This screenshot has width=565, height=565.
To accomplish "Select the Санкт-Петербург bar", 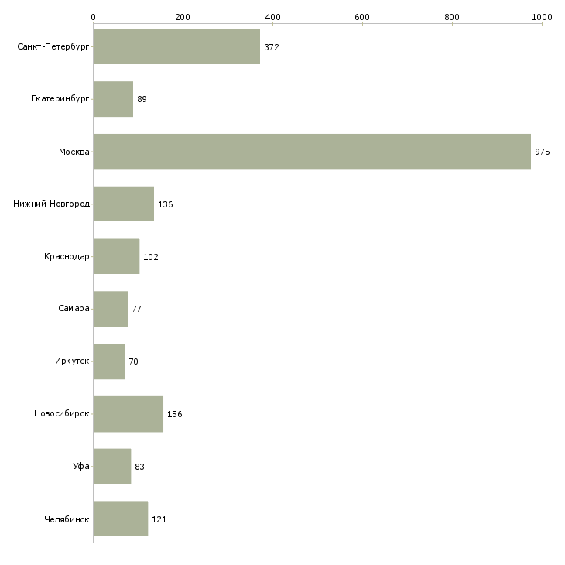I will (176, 47).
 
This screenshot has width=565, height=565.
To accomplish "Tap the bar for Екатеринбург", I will (113, 99).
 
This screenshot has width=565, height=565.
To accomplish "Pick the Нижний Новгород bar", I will (123, 204).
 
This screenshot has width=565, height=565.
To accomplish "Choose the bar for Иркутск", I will (108, 361).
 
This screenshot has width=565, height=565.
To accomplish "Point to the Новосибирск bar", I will (128, 414).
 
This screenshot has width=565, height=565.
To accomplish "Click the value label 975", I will (542, 152).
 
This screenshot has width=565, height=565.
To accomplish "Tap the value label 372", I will (271, 47).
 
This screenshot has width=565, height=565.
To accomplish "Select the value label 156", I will (174, 414).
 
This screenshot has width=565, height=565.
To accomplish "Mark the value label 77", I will (136, 309).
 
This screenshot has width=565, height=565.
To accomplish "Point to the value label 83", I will (139, 467).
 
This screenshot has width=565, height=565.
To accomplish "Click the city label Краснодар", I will (67, 257).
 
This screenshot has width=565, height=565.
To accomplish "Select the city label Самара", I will (74, 309).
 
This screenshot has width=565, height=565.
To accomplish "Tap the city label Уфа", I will (81, 467).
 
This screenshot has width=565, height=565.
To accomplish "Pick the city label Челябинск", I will (67, 519).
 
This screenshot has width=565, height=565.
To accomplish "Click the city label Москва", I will (74, 152).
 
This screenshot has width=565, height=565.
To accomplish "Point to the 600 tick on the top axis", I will (362, 16).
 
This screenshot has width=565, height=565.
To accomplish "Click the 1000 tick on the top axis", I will (542, 16).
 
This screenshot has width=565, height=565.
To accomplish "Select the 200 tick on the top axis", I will (183, 16).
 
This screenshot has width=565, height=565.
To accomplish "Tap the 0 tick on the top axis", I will (93, 16).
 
